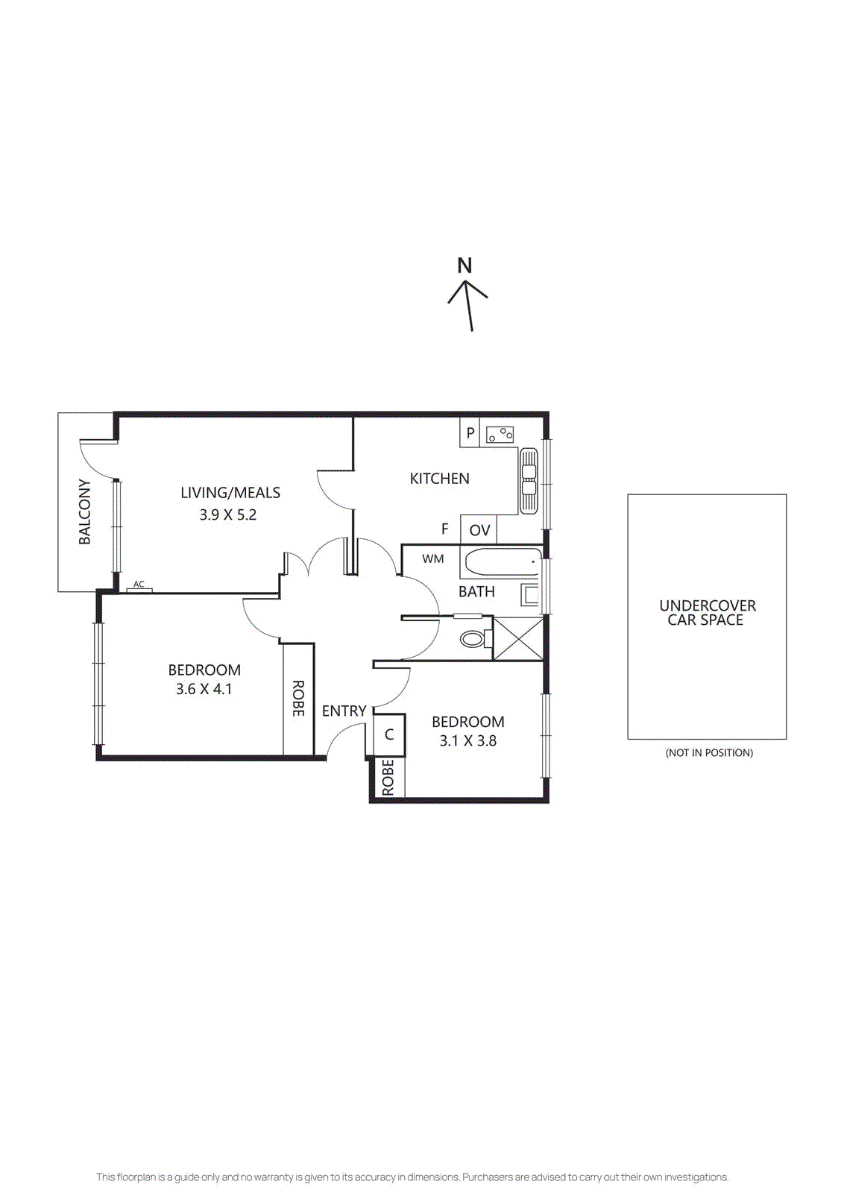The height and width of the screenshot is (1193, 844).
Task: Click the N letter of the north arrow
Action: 464,265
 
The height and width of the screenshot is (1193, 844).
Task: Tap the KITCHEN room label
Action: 439,479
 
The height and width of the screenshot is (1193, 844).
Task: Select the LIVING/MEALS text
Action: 230,493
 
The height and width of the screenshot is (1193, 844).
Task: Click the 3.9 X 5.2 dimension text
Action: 227,514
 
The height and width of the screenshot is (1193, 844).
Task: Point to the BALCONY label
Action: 85,511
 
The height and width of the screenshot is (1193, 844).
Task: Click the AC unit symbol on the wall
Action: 139,589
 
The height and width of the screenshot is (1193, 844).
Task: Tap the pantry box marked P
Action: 470,432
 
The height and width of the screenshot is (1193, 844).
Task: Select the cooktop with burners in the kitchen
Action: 500,434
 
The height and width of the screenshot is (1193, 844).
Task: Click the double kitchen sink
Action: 528,480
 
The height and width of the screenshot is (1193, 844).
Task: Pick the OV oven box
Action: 479,530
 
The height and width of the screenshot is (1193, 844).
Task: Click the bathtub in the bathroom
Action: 502,561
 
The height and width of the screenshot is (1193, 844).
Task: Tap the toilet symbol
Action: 473,639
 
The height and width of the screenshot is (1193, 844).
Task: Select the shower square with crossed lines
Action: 518,638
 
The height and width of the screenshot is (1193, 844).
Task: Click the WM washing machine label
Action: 432,558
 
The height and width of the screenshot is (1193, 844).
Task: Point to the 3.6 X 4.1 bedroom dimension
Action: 204,689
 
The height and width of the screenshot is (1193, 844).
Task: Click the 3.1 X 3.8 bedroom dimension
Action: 467,740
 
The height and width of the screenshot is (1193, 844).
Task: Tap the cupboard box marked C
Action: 388,735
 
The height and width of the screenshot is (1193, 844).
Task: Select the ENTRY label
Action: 344,711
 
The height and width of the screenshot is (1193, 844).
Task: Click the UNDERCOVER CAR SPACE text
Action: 707,612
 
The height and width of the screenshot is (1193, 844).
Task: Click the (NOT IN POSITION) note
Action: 708,752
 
